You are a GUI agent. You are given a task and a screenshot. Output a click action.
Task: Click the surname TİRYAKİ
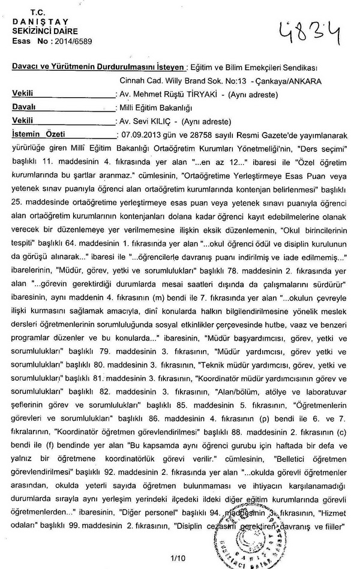tap(192, 95)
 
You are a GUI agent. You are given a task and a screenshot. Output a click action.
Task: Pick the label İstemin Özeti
tap(38, 134)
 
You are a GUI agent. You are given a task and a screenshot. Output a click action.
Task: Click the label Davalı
tap(25, 107)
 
